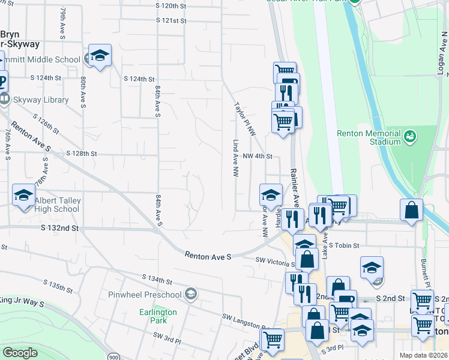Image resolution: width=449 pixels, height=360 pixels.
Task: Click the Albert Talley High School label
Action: (x=57, y=205)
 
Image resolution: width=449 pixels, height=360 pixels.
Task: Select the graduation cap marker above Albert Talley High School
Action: (x=23, y=196)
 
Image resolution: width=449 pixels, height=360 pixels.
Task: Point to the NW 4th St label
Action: (x=258, y=157)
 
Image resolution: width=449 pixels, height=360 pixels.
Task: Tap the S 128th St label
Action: (x=82, y=154)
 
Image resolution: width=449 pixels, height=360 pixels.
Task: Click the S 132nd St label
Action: (x=60, y=229)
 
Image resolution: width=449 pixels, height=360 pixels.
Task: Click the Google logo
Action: (x=20, y=353)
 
